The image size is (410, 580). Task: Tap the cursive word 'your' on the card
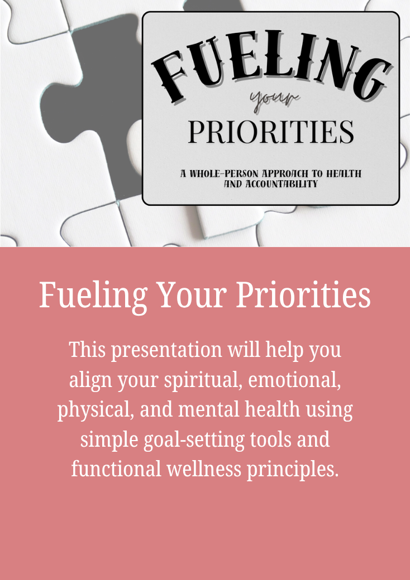275,99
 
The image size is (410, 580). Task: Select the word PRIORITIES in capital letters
271,132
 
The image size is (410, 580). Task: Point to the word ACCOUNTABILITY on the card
282,184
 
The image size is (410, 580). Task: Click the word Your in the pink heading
193,295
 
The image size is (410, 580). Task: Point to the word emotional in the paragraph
294,380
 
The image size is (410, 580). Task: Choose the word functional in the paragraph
116,470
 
